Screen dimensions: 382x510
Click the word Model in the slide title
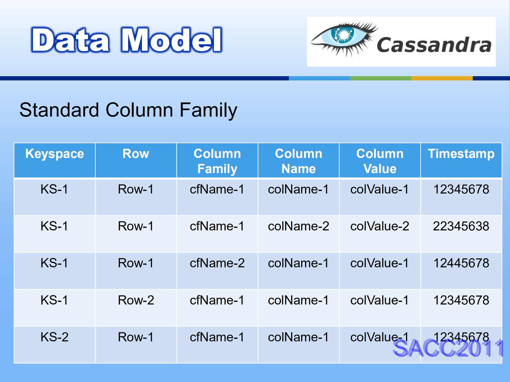171,40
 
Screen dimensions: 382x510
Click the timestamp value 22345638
461,226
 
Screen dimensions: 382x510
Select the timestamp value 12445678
461,263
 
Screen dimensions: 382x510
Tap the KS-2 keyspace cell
54,337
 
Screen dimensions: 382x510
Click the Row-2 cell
136,300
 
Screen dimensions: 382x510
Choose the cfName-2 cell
217,263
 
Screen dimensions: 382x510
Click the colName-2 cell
298,226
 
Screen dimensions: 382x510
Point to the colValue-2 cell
380,226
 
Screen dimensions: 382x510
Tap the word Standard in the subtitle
59,110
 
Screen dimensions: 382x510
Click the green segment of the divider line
381,78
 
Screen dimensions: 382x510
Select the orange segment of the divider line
442,78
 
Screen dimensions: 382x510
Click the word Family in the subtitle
208,110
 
